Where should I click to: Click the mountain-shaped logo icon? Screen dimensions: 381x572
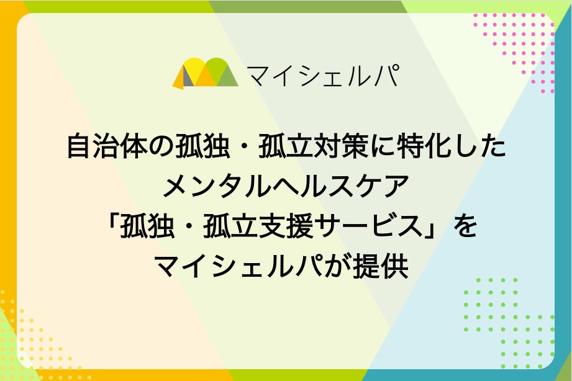pos(204,74)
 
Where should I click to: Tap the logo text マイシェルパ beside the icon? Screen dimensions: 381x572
pos(322,74)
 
